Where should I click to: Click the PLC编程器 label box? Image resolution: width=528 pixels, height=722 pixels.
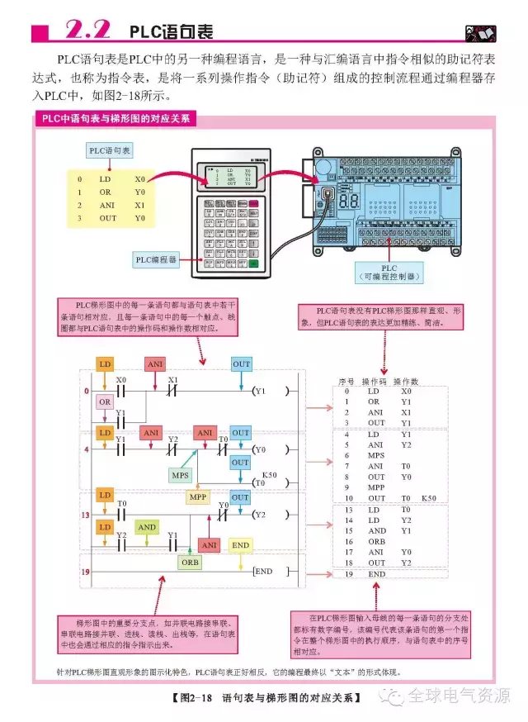(x=158, y=259)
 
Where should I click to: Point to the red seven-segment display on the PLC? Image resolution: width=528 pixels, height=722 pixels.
(x=347, y=201)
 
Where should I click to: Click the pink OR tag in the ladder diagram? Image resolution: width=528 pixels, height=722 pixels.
(x=105, y=401)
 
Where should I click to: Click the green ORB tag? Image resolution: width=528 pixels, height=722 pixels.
(x=189, y=561)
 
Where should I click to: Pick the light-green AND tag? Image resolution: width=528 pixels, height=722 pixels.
(x=147, y=527)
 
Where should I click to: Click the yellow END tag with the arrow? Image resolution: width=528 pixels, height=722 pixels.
(x=240, y=545)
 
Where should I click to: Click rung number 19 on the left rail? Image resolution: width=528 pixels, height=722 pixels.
(x=84, y=572)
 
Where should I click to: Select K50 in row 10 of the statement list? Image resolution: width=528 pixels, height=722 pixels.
(x=429, y=498)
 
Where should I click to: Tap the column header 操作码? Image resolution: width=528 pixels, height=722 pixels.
(x=376, y=382)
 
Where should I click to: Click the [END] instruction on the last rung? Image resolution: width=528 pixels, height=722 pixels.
(x=263, y=572)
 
